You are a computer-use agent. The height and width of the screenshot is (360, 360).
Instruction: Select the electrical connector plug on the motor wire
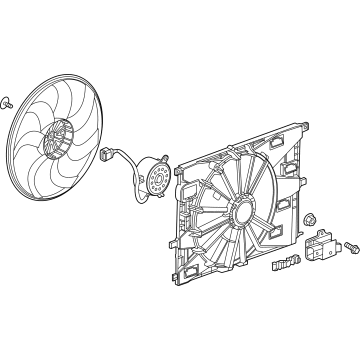click(107, 154)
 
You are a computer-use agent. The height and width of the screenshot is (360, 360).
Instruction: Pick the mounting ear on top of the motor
click(158, 159)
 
